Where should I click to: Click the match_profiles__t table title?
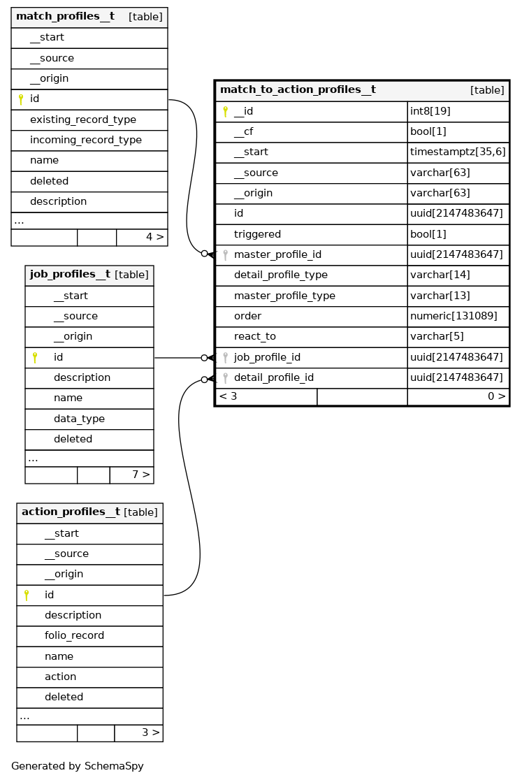pyautogui.click(x=65, y=17)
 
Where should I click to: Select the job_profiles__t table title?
pyautogui.click(x=70, y=275)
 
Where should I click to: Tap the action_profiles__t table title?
pyautogui.click(x=71, y=512)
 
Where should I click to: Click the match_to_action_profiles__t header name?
pyautogui.click(x=298, y=90)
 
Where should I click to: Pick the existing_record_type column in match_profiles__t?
pyautogui.click(x=82, y=120)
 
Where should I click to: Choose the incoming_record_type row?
pyautogui.click(x=85, y=140)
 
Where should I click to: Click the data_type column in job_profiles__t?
pyautogui.click(x=79, y=419)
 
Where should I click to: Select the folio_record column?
pyautogui.click(x=74, y=635)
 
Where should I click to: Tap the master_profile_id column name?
pyautogui.click(x=277, y=254)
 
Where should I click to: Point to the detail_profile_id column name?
pyautogui.click(x=273, y=377)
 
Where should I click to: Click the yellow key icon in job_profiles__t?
pyautogui.click(x=35, y=357)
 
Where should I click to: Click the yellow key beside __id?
pyautogui.click(x=225, y=111)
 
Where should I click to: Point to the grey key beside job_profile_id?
pyautogui.click(x=225, y=357)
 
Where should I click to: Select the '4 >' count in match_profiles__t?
pyautogui.click(x=154, y=237)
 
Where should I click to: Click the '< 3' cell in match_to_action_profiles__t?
pyautogui.click(x=229, y=396)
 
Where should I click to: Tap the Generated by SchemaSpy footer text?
pyautogui.click(x=78, y=766)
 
